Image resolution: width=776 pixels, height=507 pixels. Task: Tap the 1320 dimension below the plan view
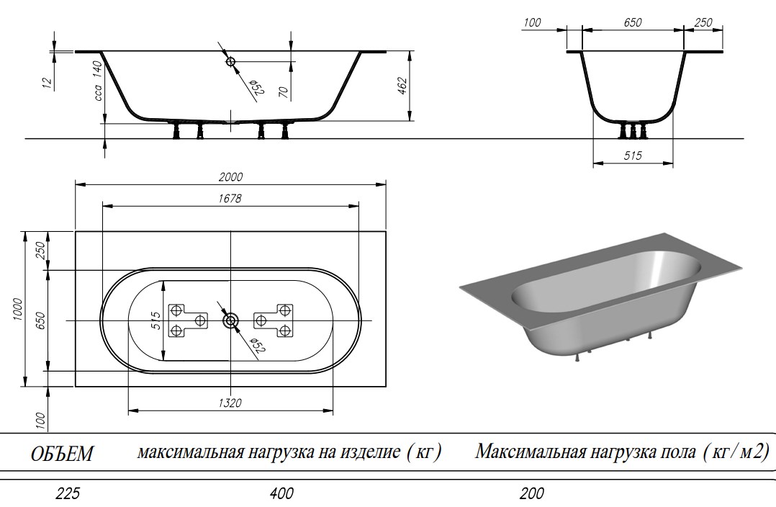230,403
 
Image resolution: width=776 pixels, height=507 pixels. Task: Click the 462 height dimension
402,86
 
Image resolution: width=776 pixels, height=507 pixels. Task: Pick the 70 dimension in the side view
283,91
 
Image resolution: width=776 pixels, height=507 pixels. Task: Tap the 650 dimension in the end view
632,23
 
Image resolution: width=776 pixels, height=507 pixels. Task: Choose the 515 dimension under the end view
633,156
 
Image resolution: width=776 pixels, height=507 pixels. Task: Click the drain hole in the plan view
230,320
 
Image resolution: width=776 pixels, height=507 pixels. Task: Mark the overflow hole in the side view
231,62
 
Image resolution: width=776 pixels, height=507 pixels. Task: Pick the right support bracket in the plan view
275,320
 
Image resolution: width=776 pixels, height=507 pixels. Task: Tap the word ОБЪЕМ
63,454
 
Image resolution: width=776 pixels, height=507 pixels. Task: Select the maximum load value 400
282,494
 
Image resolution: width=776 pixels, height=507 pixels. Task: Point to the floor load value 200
531,494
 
